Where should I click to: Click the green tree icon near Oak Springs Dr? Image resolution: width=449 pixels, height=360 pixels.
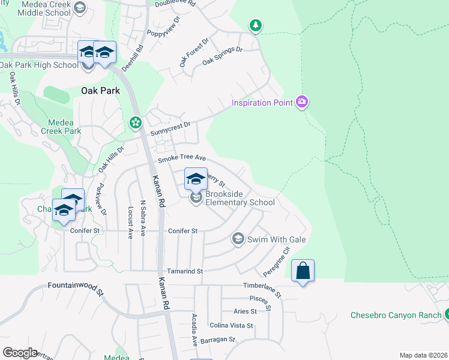[x=256, y=25]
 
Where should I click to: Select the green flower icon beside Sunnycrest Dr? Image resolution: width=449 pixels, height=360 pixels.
[x=136, y=123]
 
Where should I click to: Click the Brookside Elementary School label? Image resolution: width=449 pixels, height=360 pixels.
[x=240, y=198]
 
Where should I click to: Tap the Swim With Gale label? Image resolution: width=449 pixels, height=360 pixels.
[x=277, y=239]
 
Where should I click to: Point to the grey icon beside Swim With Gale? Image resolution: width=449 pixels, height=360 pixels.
[x=238, y=239]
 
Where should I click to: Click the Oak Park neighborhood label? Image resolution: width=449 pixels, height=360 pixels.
[x=100, y=91]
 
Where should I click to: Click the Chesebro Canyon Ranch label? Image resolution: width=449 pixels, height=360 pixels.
[x=395, y=315]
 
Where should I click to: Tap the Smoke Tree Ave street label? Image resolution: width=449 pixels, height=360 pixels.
[x=182, y=159]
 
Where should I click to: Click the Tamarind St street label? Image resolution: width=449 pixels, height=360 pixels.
[x=185, y=271]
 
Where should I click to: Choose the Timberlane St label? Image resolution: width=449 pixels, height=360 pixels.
[x=262, y=288]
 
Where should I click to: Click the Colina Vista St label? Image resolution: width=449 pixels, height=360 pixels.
[x=231, y=325]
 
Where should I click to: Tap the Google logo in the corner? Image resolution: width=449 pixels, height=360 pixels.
[x=20, y=353]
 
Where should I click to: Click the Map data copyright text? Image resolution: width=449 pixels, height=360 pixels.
[x=423, y=355]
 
